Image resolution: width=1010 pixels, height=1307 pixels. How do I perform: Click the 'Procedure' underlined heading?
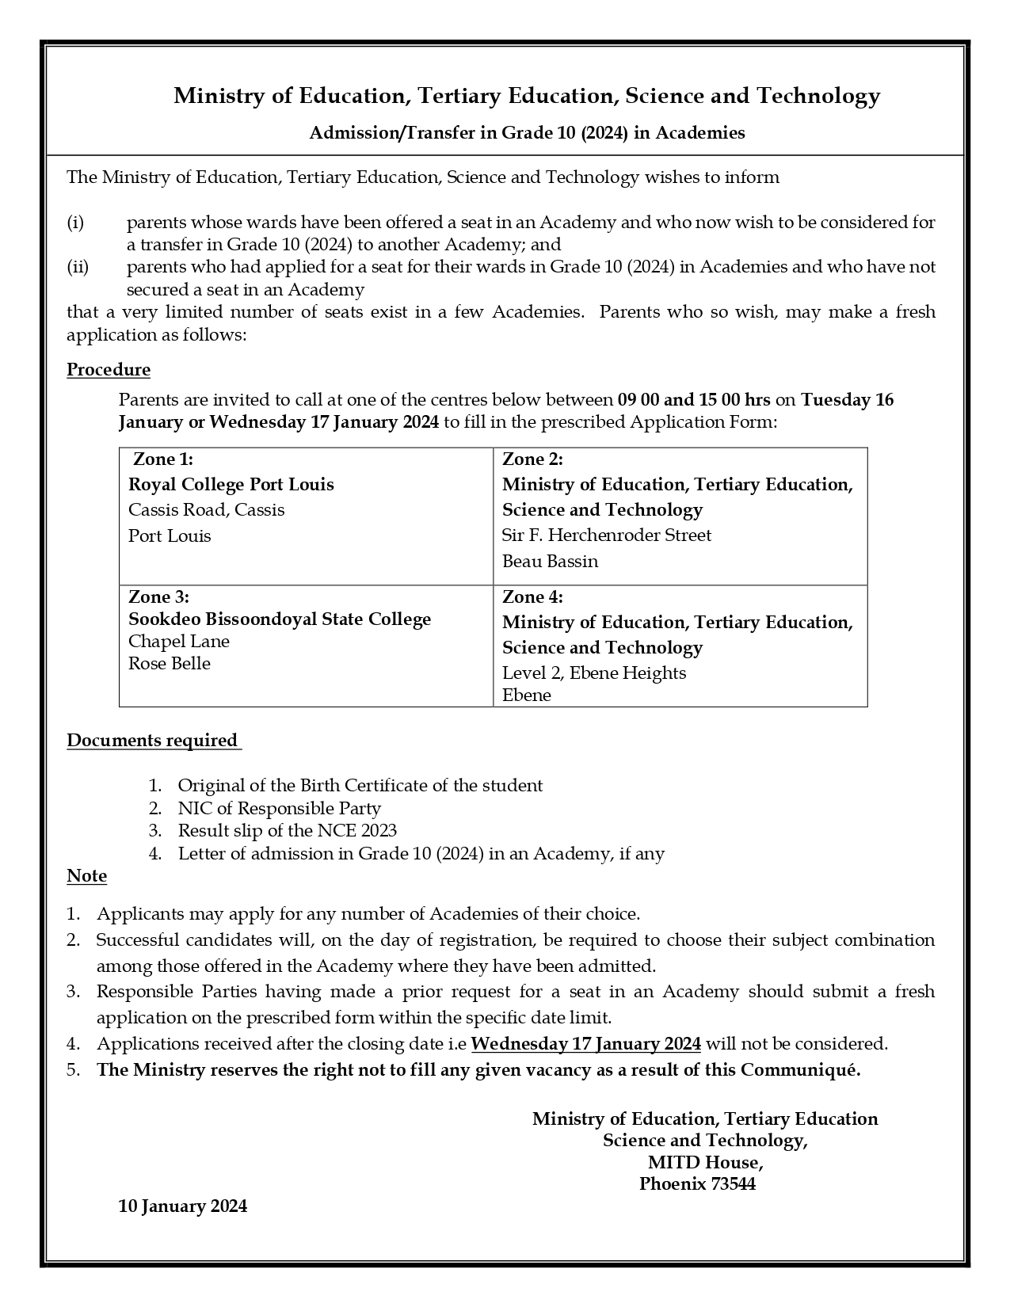[109, 370]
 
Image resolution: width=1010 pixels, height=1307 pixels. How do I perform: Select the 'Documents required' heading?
[152, 741]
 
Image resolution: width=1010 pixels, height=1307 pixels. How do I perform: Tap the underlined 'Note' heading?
[86, 876]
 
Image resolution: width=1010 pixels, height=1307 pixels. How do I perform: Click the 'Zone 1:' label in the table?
[163, 459]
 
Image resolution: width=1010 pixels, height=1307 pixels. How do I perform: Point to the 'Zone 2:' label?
[532, 459]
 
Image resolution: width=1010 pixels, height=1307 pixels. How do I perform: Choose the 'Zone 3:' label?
[158, 597]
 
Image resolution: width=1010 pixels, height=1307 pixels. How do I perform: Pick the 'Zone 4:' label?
[532, 597]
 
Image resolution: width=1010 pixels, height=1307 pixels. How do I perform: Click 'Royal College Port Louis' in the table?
[231, 485]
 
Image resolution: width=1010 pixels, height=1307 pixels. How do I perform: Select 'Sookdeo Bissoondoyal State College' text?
[280, 619]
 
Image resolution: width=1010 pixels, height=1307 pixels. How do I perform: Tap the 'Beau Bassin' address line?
[550, 562]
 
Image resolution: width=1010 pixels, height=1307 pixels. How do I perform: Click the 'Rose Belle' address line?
[170, 664]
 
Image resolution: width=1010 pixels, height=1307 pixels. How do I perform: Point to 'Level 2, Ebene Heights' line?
[594, 673]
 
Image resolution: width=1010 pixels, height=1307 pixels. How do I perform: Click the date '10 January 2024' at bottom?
[183, 1206]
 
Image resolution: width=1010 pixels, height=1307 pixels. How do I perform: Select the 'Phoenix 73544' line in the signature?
[697, 1184]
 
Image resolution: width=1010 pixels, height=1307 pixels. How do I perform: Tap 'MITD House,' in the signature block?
[705, 1163]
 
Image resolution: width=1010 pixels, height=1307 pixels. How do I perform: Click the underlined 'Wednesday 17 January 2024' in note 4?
[585, 1044]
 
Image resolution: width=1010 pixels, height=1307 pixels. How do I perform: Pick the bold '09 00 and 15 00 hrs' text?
[694, 399]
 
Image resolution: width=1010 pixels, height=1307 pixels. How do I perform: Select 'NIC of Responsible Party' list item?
[279, 809]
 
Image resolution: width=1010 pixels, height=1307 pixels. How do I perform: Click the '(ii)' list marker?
[78, 267]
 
